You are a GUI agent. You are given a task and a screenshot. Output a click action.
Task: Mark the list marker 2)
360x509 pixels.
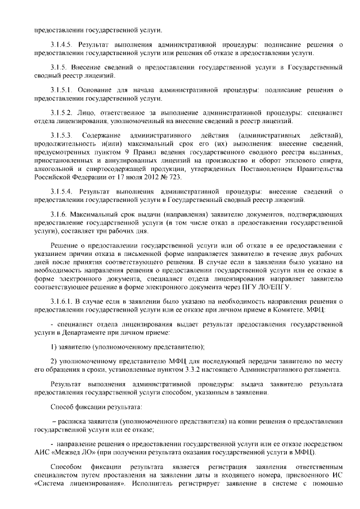[x=54, y=361]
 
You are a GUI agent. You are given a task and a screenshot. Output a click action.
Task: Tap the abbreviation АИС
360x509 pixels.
[x=42, y=453]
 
